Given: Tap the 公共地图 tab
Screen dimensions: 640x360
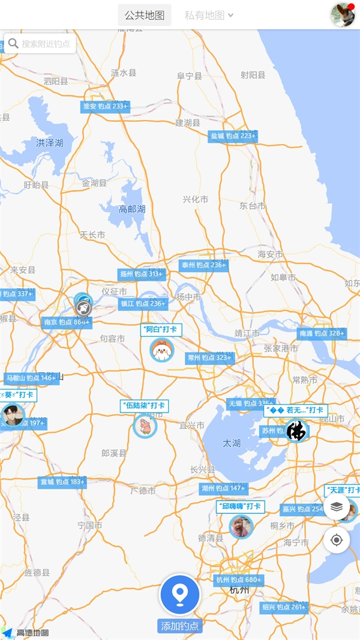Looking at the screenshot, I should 145,15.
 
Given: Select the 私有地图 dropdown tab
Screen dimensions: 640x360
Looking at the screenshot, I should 208,15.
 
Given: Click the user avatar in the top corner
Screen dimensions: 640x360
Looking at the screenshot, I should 343,15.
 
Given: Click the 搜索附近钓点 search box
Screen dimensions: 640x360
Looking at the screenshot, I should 41,43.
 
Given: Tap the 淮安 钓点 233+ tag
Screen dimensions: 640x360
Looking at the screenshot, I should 106,106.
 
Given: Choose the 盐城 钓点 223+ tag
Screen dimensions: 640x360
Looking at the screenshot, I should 232,136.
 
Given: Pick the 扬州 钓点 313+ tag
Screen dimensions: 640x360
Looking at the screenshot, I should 142,274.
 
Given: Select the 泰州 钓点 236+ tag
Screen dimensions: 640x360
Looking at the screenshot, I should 204,265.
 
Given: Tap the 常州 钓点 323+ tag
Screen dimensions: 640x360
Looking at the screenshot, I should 209,357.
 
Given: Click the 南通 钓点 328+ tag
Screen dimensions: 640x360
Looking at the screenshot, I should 322,333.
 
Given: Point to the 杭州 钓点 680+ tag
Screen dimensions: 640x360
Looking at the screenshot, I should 239,580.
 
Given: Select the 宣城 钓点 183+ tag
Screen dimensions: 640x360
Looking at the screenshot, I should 62,482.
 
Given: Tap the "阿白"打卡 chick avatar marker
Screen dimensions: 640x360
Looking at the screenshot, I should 161,350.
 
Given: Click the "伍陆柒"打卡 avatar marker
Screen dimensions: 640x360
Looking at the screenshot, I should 145,426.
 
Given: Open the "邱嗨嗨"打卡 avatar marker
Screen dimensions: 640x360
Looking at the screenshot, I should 241,527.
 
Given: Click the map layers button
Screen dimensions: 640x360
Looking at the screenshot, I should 337,507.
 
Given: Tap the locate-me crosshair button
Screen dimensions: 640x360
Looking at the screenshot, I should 337,540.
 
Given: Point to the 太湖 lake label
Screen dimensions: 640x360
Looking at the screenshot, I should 232,443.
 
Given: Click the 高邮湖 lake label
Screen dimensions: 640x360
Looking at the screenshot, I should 132,209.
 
